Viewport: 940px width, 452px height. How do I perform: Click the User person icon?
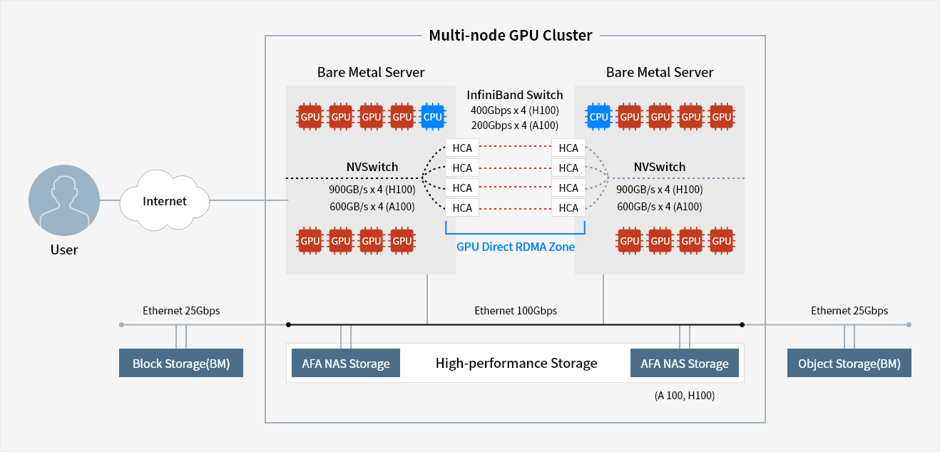pos(63,201)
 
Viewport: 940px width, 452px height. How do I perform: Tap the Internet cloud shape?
pos(165,201)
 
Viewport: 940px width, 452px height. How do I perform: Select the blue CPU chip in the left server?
pos(432,117)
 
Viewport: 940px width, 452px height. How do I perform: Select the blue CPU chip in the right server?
pos(598,117)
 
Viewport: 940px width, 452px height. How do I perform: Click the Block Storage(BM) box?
pos(181,364)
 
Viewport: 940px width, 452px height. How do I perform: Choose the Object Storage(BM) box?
pos(849,364)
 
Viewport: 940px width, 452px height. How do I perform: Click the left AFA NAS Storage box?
pos(346,364)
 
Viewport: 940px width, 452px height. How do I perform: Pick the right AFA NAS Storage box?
pos(685,364)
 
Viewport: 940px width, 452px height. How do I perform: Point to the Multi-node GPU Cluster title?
pos(510,35)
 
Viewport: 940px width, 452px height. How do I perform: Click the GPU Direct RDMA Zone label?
pos(515,247)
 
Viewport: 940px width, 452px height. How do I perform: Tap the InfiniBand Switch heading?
pos(515,95)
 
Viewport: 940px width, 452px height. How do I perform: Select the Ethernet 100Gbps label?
pos(516,311)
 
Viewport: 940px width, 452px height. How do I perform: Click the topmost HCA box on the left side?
pos(462,148)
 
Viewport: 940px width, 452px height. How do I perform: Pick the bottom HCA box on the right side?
pos(568,208)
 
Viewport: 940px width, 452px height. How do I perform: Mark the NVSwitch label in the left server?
pos(372,168)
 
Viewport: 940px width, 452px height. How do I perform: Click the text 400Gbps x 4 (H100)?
pos(515,111)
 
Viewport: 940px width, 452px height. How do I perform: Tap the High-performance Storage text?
pos(516,364)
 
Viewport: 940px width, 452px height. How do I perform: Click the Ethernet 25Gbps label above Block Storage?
pos(181,311)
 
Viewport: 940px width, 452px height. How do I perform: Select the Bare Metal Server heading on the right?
pos(660,72)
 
